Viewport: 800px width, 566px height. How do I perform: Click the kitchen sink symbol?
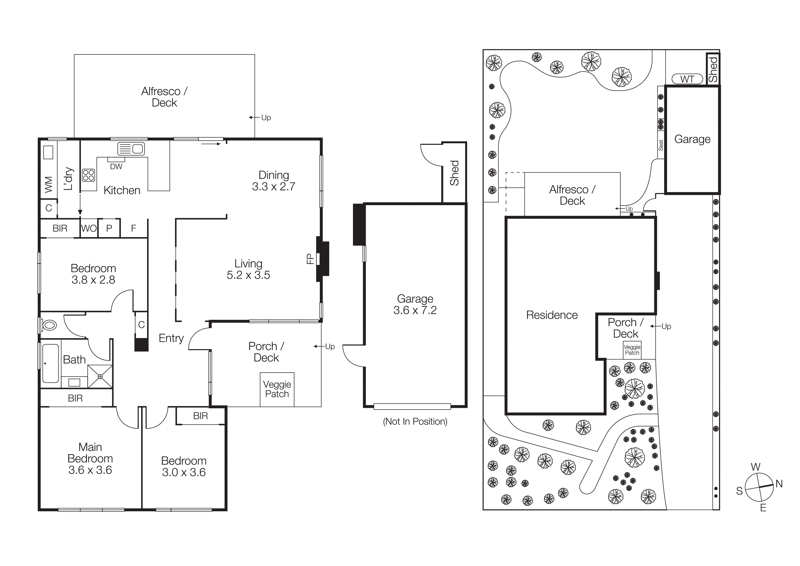[x=131, y=149]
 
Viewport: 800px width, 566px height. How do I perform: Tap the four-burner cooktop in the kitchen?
[x=88, y=175]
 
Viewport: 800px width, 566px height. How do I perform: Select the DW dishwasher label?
[x=116, y=167]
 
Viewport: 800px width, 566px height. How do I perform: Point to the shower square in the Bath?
[x=100, y=376]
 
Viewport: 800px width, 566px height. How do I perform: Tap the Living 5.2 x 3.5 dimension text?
[x=248, y=275]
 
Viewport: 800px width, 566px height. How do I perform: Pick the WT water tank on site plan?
[x=687, y=79]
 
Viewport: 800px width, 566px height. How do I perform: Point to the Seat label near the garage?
[x=661, y=145]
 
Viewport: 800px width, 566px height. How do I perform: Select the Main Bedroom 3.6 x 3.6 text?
[x=90, y=470]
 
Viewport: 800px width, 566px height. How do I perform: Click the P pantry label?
[x=109, y=228]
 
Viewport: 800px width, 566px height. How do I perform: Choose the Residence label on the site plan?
[x=552, y=315]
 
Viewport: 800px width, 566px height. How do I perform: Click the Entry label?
[x=171, y=338]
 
